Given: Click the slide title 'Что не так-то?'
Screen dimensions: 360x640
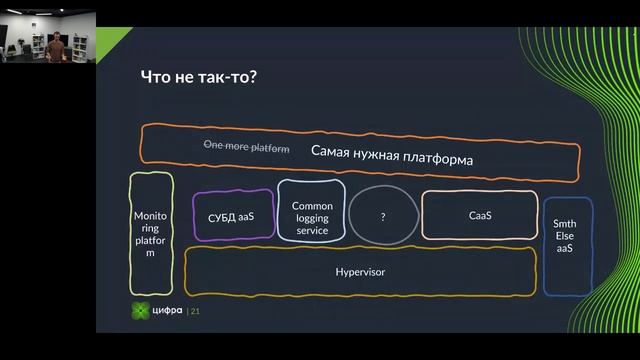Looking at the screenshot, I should (x=200, y=79).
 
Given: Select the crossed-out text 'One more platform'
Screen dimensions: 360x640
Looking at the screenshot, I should (x=246, y=147).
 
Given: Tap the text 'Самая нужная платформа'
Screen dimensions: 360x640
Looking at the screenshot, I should (x=392, y=157).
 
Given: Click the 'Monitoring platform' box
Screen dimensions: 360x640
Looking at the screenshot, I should (x=151, y=234).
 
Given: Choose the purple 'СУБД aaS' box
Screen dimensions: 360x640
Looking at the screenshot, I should (x=232, y=215).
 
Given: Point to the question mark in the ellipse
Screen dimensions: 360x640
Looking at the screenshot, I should (x=382, y=215).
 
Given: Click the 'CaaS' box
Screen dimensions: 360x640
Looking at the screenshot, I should (x=480, y=215).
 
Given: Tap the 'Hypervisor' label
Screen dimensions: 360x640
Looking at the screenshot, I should (x=360, y=271).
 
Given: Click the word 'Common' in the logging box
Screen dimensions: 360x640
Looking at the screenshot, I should (x=312, y=206).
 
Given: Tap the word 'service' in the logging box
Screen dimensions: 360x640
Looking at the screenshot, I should (x=312, y=230).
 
